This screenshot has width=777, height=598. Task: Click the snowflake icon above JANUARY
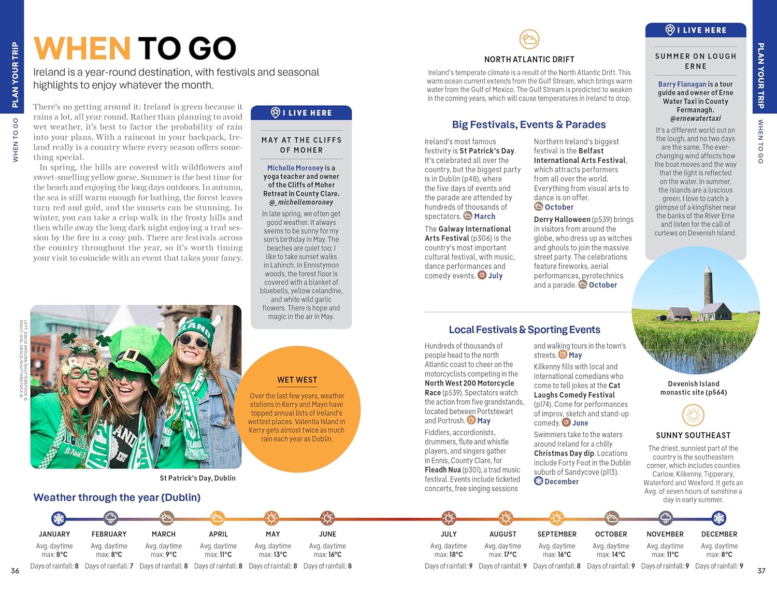point(59,518)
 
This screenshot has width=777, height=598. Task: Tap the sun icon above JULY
point(449,518)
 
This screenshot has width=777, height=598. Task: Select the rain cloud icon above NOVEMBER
point(666,518)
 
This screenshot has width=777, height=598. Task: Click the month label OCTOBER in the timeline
point(611,534)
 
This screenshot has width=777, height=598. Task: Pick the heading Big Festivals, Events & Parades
point(528,125)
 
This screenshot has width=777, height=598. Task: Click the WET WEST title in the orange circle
point(297,380)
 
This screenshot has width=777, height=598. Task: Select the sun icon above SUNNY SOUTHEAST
point(693,416)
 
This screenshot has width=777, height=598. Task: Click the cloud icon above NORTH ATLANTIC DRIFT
point(529,39)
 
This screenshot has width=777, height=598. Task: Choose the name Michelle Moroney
point(295,168)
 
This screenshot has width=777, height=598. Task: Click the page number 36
point(15,571)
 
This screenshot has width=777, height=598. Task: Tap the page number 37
point(761,571)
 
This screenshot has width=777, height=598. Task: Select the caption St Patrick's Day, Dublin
point(197,478)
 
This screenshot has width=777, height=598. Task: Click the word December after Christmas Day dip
point(561,482)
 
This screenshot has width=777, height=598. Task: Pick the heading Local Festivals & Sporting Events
point(524,330)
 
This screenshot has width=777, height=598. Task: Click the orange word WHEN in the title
point(82,48)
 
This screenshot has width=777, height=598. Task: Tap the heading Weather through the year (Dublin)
point(117,497)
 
